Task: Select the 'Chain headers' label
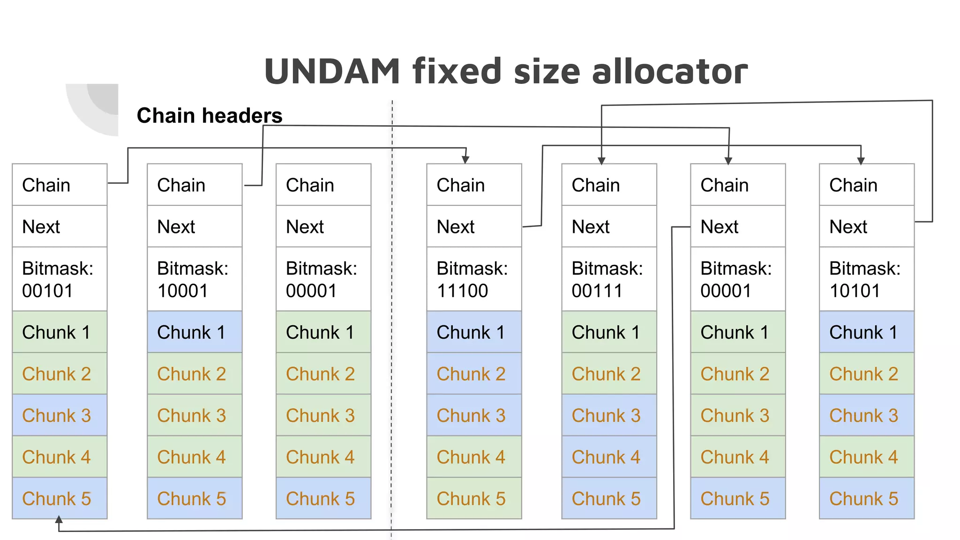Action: tap(209, 115)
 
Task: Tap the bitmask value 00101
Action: tap(47, 291)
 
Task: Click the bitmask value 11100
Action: tap(462, 291)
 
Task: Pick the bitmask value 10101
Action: tap(855, 291)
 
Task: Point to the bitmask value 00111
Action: tap(597, 291)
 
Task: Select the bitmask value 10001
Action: tap(182, 291)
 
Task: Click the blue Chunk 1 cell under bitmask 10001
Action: tap(195, 332)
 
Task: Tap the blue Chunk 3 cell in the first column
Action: tap(60, 415)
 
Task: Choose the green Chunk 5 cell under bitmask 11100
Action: tap(474, 498)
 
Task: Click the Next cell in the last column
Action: tap(866, 226)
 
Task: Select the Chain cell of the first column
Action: tap(60, 185)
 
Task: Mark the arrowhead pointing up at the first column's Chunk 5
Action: tap(59, 520)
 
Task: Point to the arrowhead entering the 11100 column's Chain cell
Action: tap(465, 160)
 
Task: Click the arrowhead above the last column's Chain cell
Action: tap(861, 161)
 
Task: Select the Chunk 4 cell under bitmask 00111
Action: tap(609, 457)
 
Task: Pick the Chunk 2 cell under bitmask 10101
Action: tap(866, 374)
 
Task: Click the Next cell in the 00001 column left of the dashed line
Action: tap(323, 226)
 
